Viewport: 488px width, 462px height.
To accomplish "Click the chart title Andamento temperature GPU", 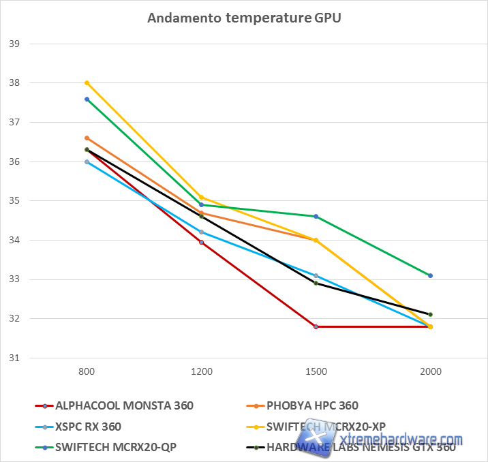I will click(x=244, y=18).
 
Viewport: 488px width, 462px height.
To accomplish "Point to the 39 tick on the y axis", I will click(x=14, y=44).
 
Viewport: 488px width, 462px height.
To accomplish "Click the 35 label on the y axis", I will click(x=14, y=201).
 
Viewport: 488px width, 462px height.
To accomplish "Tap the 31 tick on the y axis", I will click(x=14, y=358).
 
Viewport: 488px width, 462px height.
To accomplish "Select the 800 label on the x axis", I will click(x=87, y=372).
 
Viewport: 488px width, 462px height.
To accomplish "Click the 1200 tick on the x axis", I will click(x=201, y=372).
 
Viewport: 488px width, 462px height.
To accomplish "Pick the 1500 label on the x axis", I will click(x=316, y=372).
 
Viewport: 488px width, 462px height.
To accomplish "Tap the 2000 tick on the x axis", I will click(x=431, y=372).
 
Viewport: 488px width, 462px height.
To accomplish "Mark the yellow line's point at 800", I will click(x=87, y=83).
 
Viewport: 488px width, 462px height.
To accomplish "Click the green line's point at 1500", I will click(x=316, y=217).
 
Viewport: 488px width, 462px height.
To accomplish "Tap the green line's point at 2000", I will click(x=431, y=275).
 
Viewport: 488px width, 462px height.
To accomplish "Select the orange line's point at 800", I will click(x=87, y=138).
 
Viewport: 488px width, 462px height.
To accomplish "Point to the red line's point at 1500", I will click(x=316, y=326).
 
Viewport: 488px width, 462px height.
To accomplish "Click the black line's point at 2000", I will click(x=431, y=315).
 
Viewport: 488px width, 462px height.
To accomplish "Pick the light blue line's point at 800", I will click(x=87, y=161).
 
